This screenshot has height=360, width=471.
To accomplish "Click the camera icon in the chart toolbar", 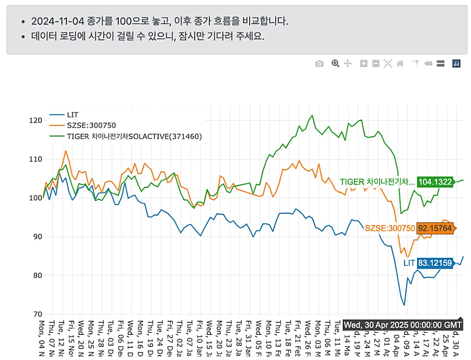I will pos(320,64).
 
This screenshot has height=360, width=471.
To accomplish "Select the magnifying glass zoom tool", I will pos(335,64).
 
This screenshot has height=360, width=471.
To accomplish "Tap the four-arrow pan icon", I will pos(347,64).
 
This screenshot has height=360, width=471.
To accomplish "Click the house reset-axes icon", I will pos(400,64).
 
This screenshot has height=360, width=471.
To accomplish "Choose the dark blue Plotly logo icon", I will pos(456,64).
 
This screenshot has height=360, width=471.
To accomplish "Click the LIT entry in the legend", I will pos(73,114).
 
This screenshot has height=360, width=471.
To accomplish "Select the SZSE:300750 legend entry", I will pos(91,125).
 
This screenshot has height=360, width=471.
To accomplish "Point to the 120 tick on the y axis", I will pos(35,120).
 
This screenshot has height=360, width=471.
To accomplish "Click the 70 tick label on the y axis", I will pos(35,314).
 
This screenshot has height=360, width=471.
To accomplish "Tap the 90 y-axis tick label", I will pos(35,237).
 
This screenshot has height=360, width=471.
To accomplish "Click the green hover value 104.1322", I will pos(435,182).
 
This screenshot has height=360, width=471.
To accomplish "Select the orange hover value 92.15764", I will pos(434,228).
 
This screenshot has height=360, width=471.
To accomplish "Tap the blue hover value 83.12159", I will pos(435,263).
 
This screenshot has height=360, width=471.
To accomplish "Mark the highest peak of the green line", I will pos(312,116).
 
